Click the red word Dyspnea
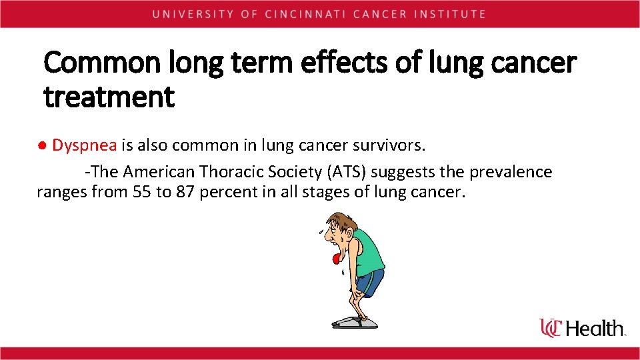pos(85,145)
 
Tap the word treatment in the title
pos(109,97)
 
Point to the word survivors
pos(390,145)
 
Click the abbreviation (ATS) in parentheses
pos(347,172)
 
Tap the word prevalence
pos(511,172)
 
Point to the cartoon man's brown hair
pos(339,220)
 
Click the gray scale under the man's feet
pos(355,322)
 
